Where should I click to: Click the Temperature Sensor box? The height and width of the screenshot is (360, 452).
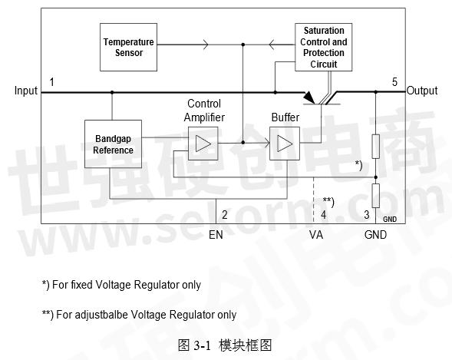point(128,48)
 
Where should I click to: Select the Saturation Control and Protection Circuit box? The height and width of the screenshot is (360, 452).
point(323,48)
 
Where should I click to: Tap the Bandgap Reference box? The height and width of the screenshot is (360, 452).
point(113,144)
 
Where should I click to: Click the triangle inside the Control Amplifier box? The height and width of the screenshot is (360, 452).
point(203,144)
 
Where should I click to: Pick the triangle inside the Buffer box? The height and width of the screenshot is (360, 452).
point(285,144)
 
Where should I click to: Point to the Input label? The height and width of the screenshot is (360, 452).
point(26,91)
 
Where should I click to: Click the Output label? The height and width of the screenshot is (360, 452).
point(422,91)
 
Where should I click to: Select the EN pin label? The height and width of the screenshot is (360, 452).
point(216,235)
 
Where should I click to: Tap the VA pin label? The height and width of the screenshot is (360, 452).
point(316,235)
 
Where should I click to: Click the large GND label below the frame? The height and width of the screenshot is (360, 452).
point(375,235)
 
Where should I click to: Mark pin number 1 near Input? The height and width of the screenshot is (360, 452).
point(52,82)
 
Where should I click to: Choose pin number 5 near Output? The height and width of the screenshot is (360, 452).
point(394,82)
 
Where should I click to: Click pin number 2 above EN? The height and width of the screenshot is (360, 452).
point(225,215)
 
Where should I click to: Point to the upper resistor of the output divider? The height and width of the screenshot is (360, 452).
point(375,147)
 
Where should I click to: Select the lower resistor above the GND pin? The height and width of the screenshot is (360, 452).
point(375,196)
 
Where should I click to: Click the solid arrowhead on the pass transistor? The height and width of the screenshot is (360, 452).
point(309,97)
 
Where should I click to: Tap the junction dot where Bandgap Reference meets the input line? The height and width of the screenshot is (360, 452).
point(112,92)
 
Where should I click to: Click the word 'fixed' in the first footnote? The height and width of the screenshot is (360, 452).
point(81,285)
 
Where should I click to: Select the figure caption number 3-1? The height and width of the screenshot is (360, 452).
point(203,345)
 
